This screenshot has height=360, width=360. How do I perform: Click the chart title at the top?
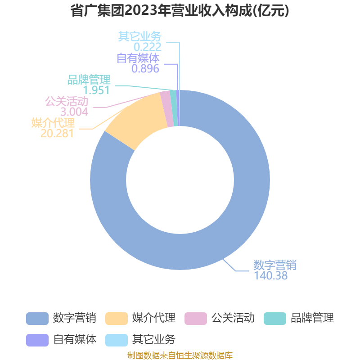180,10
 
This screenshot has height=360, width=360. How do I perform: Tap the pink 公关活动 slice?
166,109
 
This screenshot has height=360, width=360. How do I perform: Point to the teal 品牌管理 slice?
174,108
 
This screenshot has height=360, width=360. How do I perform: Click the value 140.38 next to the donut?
271,275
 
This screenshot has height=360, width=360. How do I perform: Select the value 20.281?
57,133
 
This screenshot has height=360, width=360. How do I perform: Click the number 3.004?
74,112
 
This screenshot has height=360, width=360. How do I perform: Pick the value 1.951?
96,90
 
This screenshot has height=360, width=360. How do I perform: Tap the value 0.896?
145,69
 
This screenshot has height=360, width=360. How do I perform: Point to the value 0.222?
148,47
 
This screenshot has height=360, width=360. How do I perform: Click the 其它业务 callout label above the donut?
140,36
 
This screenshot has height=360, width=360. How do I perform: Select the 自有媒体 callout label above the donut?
138,58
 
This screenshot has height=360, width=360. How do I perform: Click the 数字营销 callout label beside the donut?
275,265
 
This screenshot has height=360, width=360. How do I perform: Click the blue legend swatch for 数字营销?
37,319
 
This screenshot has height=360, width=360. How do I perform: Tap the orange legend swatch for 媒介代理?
117,319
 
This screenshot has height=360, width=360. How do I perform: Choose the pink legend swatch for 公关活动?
196,319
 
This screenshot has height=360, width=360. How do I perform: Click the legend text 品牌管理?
312,318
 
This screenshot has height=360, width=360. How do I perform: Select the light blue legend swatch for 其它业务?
117,340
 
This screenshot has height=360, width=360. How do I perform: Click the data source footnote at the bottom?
180,355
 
